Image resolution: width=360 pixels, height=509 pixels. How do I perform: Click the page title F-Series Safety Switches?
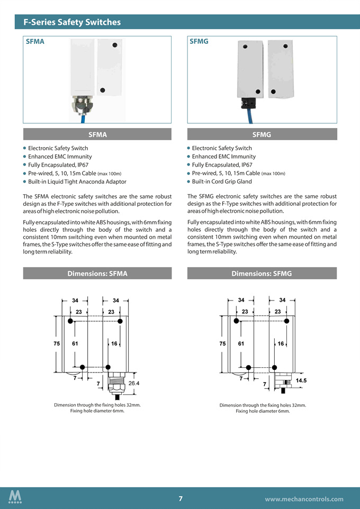point(72,22)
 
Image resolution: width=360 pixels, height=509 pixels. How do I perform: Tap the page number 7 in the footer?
point(181,498)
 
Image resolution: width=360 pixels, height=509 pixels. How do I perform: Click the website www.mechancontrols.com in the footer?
point(304,499)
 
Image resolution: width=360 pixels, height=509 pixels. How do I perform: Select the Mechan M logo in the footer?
point(15,497)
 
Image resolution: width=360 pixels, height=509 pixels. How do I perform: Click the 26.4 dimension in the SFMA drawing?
point(134,383)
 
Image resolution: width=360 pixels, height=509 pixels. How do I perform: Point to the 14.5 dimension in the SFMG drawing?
point(301,380)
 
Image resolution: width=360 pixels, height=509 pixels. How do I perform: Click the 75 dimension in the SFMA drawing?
point(57,343)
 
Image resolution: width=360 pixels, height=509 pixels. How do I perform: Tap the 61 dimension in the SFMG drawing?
point(241,343)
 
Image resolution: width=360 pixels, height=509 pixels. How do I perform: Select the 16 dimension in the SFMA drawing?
point(114,343)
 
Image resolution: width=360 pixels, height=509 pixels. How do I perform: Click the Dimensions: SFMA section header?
point(97,274)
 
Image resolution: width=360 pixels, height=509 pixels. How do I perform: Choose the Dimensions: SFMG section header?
point(262,274)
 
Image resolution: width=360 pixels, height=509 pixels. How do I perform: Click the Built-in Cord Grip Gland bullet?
point(222,181)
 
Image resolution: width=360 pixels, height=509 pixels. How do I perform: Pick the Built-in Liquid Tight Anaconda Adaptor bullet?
point(77,181)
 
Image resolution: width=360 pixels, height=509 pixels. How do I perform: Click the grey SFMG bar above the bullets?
point(262,134)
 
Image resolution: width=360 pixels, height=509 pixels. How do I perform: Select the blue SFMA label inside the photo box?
point(35,41)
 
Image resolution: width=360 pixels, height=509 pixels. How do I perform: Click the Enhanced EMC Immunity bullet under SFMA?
point(60,157)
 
